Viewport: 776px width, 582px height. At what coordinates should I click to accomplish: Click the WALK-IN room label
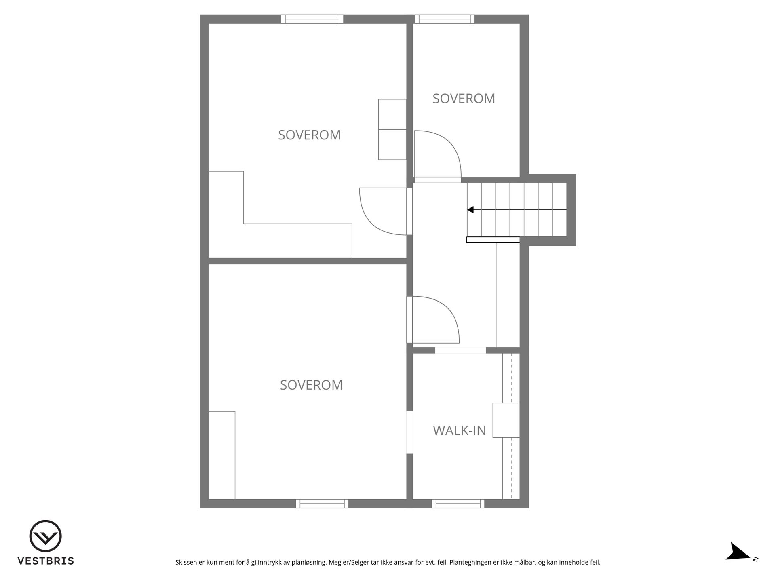click(460, 431)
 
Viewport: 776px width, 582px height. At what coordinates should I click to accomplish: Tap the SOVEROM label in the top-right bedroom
click(464, 99)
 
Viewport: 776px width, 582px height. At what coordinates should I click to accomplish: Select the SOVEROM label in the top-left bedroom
click(309, 135)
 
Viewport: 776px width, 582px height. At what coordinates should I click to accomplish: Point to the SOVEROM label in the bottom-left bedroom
click(311, 385)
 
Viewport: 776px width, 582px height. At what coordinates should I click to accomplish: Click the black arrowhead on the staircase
click(470, 210)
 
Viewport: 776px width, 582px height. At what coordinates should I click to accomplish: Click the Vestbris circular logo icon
click(45, 536)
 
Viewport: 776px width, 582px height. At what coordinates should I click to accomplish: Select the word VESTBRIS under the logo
click(46, 561)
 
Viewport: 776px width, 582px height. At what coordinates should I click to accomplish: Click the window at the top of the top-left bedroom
click(312, 19)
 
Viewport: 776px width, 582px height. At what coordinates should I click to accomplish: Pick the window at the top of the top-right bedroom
click(445, 19)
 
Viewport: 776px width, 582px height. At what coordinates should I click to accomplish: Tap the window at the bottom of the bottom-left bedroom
click(322, 504)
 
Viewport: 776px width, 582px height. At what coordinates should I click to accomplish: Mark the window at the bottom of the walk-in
click(458, 504)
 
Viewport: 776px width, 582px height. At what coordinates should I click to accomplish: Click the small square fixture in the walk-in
click(506, 420)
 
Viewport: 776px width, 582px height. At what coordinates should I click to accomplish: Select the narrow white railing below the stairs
click(493, 240)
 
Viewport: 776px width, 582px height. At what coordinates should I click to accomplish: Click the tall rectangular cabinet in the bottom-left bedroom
click(222, 455)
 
